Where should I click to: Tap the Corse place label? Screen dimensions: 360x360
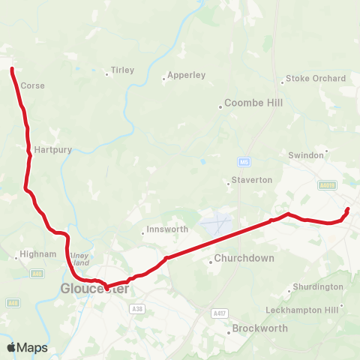click(32, 85)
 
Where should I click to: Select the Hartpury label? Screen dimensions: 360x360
click(52, 150)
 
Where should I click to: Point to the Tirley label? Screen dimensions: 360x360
click(122, 70)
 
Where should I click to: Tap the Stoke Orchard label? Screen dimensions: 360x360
click(316, 78)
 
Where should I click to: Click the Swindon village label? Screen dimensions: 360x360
click(306, 154)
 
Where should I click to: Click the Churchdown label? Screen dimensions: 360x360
click(244, 259)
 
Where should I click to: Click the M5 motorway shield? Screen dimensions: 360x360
click(244, 161)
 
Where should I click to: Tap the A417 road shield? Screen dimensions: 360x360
click(219, 313)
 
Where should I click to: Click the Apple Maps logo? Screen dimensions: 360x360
click(27, 347)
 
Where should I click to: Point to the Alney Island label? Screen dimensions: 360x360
click(79, 259)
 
